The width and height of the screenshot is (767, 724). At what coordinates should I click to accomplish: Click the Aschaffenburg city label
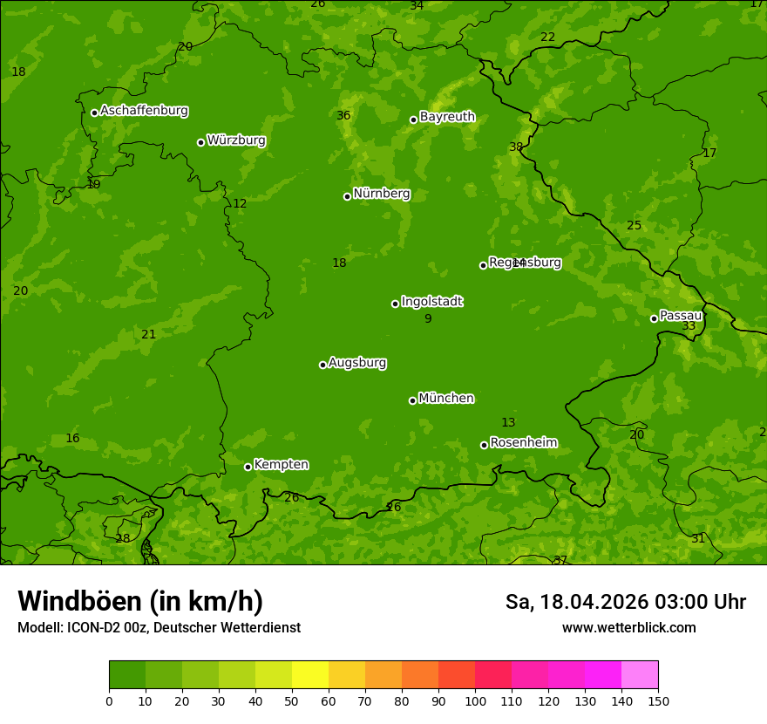(144, 111)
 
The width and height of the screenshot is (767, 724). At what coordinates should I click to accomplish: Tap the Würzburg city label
(236, 140)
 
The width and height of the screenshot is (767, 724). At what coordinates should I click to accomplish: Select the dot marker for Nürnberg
(347, 196)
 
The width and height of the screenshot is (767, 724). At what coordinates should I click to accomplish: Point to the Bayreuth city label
(447, 117)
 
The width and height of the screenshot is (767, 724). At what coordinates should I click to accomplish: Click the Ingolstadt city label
(431, 302)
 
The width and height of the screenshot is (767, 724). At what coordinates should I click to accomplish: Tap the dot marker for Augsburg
(322, 365)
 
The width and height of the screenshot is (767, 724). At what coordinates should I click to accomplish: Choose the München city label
(446, 399)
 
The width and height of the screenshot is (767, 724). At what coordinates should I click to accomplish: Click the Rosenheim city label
(523, 443)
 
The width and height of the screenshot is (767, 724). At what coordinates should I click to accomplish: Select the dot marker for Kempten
(248, 467)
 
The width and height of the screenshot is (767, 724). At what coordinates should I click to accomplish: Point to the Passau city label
(680, 316)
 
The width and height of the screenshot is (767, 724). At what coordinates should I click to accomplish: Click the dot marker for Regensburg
(483, 265)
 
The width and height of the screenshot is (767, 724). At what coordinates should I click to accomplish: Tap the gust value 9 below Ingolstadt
(428, 319)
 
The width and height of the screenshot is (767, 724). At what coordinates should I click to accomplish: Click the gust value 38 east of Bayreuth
(516, 147)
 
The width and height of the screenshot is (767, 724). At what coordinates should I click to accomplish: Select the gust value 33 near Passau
(689, 326)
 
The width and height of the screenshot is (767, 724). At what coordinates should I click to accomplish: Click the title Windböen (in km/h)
(140, 601)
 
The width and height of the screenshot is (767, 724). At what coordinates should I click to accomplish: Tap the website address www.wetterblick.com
(628, 628)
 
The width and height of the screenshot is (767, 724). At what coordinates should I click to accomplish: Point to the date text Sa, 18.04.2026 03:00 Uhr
(625, 602)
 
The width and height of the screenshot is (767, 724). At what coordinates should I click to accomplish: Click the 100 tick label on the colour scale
(475, 700)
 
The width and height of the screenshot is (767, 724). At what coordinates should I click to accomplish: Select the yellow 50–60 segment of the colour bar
(310, 675)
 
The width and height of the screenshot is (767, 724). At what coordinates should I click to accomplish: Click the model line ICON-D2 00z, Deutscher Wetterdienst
(159, 628)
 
